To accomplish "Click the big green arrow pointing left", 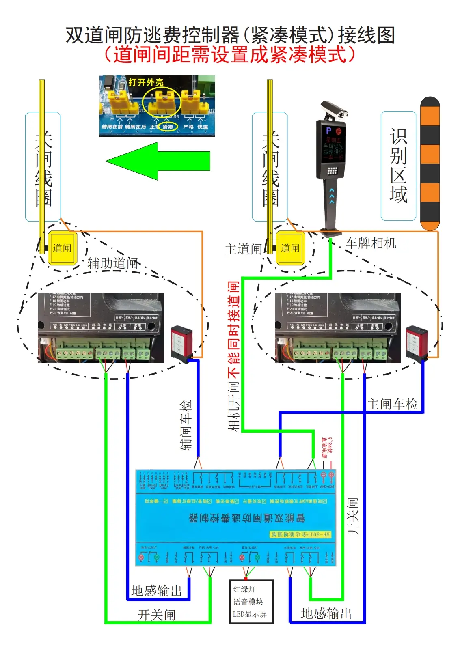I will pos(158,161).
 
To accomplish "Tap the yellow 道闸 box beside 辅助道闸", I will pos(62,248).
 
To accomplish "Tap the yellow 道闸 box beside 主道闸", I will pos(290,248).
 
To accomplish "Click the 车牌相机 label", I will pos(371,243).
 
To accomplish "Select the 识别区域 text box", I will pos(398,166).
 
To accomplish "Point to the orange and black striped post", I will pos(430,164).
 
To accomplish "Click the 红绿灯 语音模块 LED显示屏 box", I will pos(251,601).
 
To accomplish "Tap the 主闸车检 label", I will pos(392,404).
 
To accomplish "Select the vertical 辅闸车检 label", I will pos(186,425).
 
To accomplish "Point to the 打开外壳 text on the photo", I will pos(146,82).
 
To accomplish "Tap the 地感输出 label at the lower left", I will pos(157,590).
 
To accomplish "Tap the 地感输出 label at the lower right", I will pos(326,613).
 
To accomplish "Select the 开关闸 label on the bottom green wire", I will pos(157,615).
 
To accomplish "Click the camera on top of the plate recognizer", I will pos(334,109).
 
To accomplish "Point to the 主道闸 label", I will pos(243,249).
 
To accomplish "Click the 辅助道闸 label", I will pos(113,263).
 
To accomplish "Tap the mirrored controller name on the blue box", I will pos(247,518).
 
